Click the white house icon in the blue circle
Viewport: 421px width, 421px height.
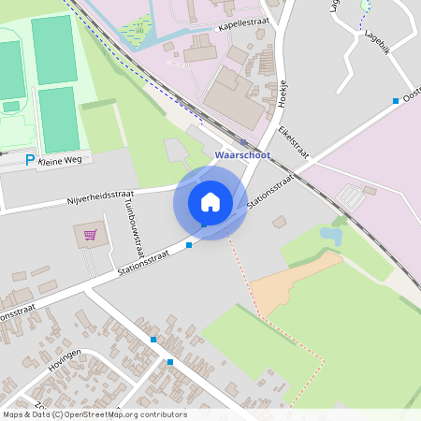pyautogui.click(x=210, y=201)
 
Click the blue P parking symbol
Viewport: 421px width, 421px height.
pyautogui.click(x=30, y=161)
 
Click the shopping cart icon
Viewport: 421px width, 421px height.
pyautogui.click(x=91, y=235)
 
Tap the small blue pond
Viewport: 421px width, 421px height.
pyautogui.click(x=331, y=235)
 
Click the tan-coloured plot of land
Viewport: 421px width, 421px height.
pyautogui.click(x=290, y=285)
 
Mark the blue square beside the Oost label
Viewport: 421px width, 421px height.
pyautogui.click(x=396, y=100)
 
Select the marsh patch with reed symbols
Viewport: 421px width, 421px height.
pyautogui.click(x=138, y=31)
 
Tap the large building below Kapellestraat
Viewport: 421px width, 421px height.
pyautogui.click(x=233, y=94)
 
